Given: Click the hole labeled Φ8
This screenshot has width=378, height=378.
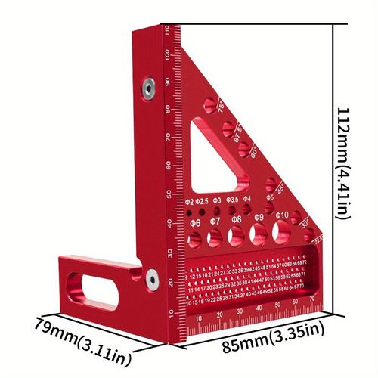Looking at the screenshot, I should (x=237, y=237).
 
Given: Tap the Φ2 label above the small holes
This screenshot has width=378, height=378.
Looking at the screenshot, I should (x=189, y=202).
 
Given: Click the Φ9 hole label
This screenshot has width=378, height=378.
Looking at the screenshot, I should (x=260, y=218).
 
